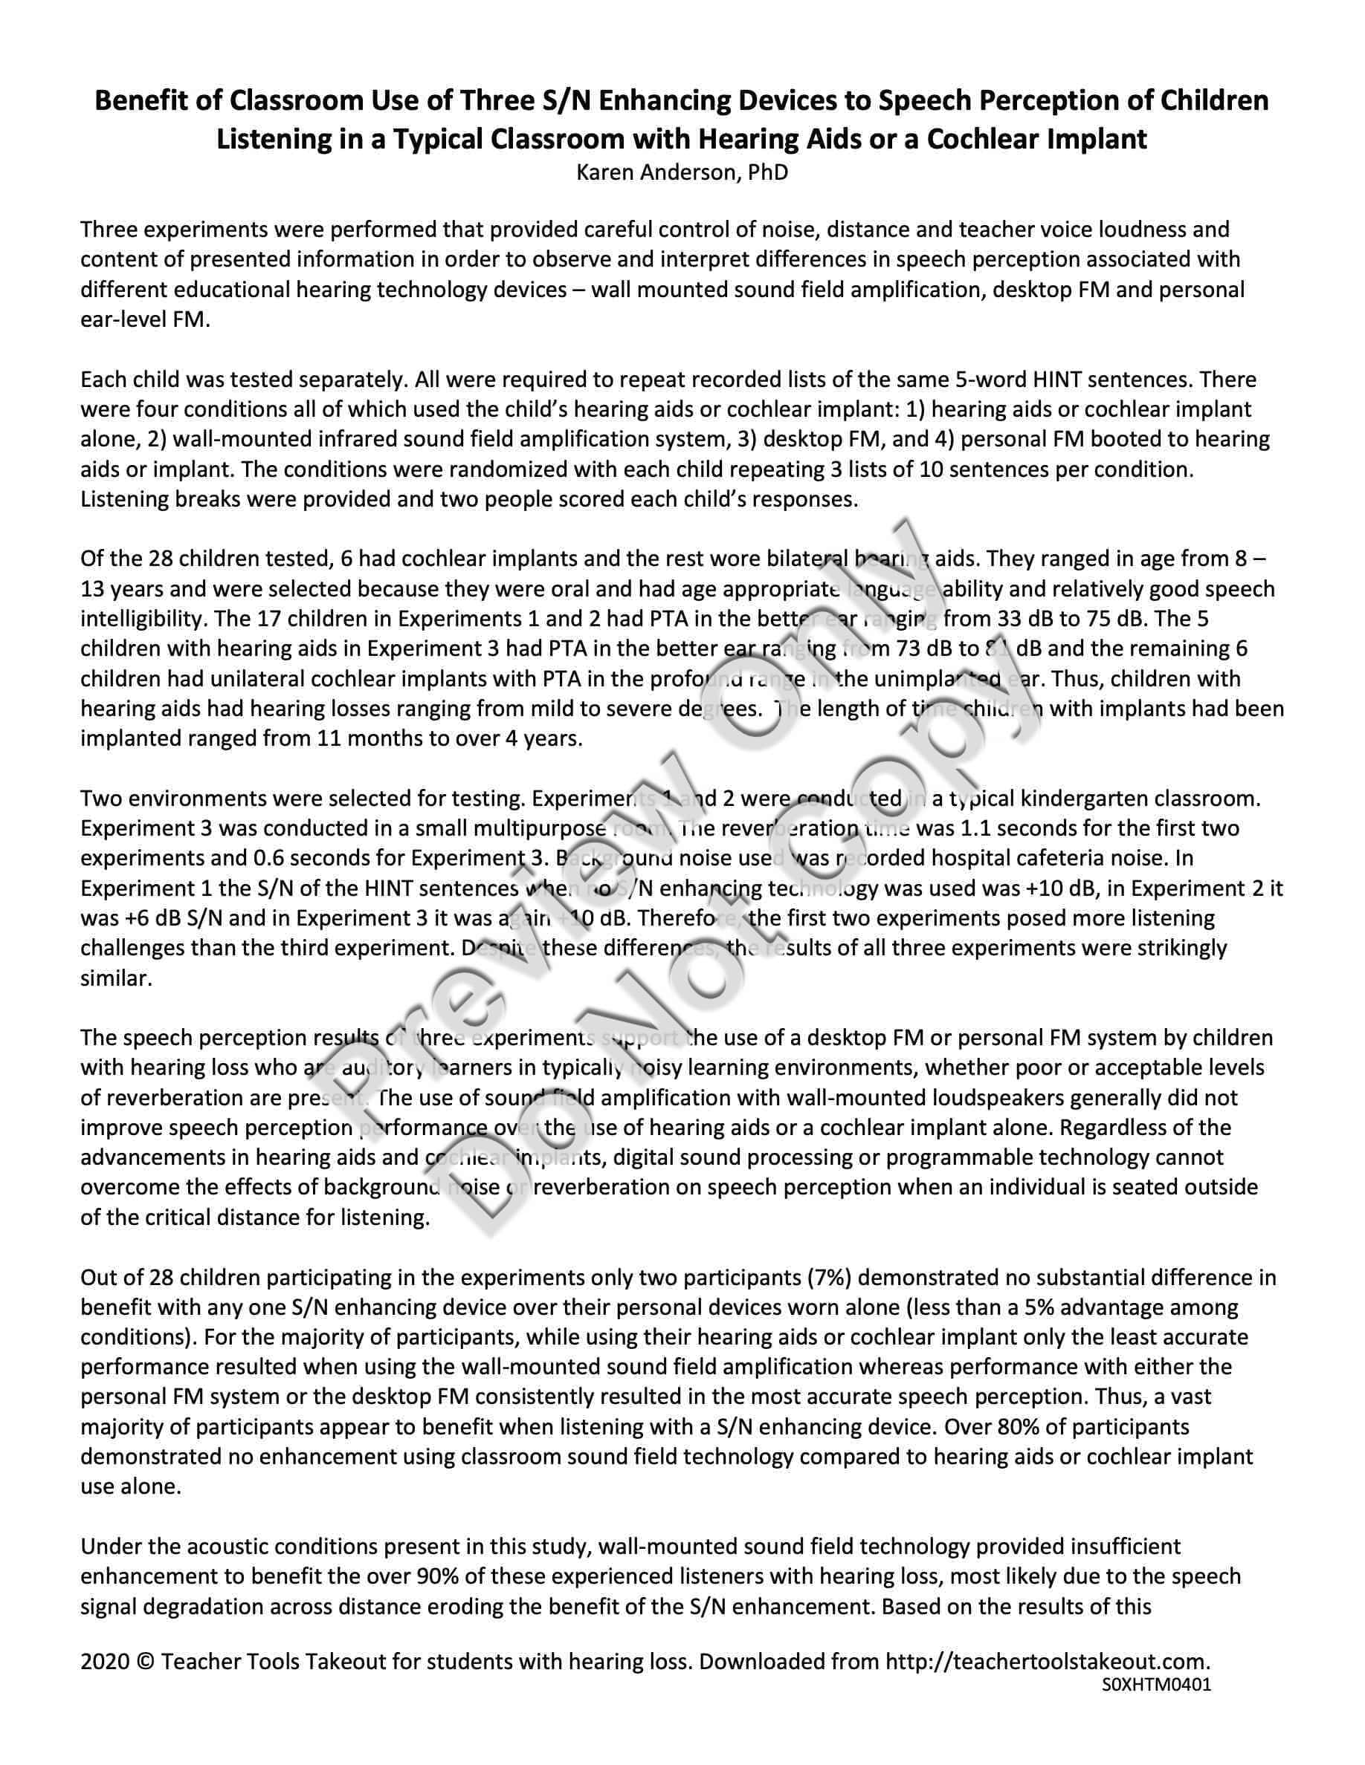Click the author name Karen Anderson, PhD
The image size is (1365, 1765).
682,172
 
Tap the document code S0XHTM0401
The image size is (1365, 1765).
1155,1684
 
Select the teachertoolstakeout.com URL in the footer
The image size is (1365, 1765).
1048,1662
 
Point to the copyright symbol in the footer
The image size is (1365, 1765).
145,1662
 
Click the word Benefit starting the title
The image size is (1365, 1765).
144,101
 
